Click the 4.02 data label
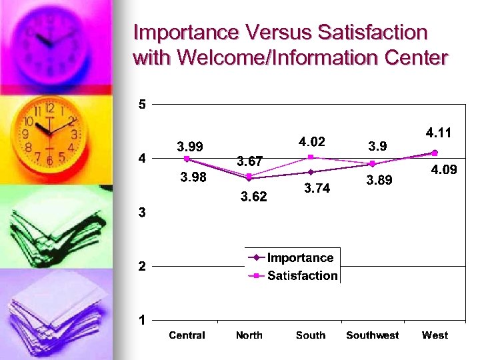pos(311,141)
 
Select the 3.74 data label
pos(317,189)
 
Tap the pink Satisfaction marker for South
pos(311,157)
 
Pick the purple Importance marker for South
pos(311,172)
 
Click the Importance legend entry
pos(299,258)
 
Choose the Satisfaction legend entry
pos(302,276)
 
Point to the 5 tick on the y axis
pos(141,104)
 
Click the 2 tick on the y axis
pos(141,267)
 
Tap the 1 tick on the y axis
pos(141,321)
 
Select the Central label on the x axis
pos(187,335)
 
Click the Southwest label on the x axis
pos(372,335)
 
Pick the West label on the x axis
pos(435,335)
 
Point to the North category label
pos(249,335)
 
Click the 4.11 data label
pos(438,133)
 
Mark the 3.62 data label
pos(253,197)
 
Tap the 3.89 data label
pos(379,181)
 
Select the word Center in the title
pos(416,58)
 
